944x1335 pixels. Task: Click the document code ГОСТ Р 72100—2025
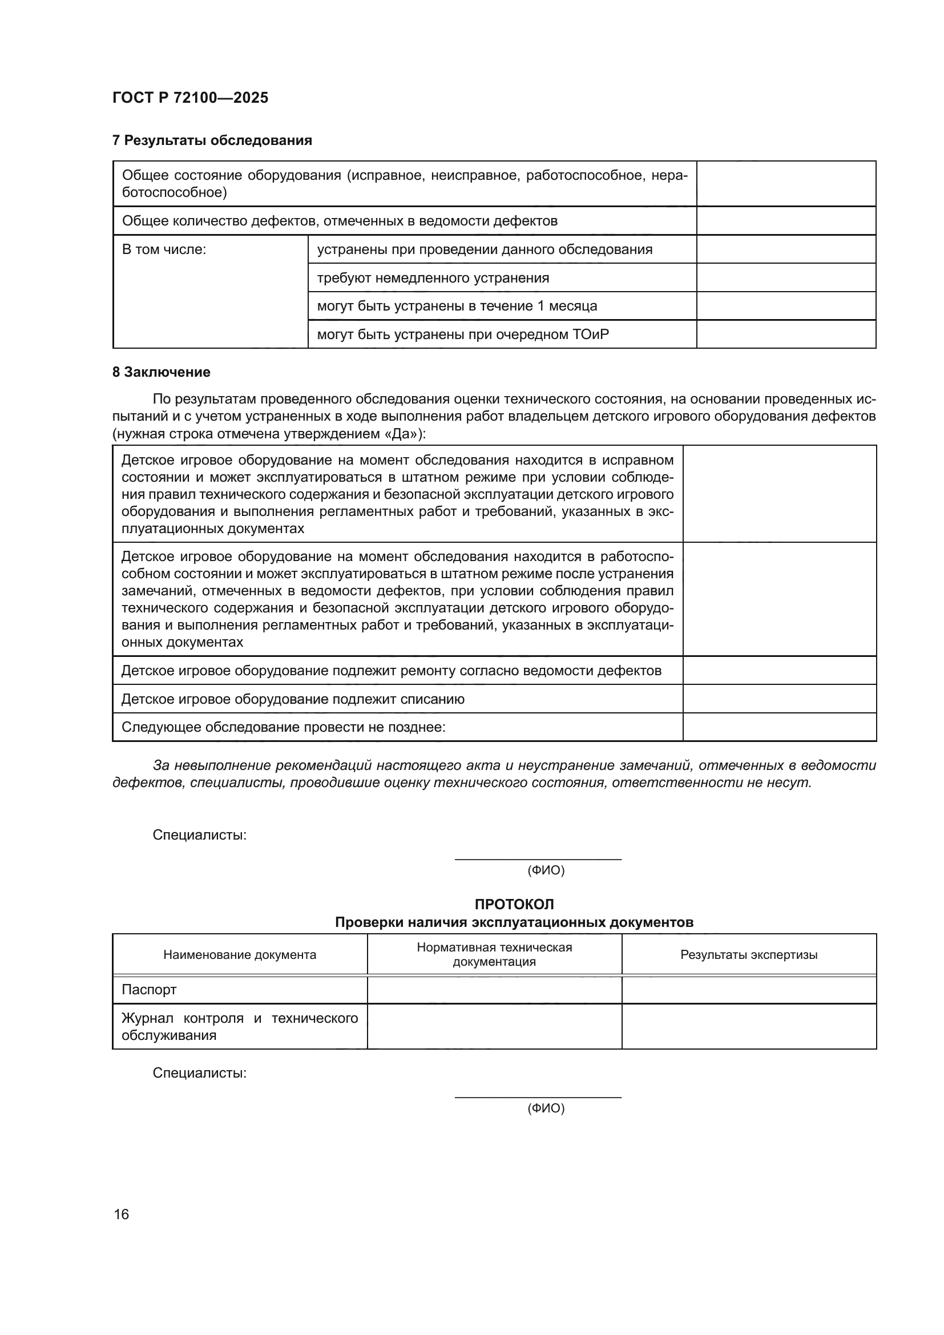pyautogui.click(x=190, y=98)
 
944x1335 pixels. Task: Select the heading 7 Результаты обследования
pyautogui.click(x=212, y=140)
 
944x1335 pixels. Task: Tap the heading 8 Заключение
pyautogui.click(x=161, y=372)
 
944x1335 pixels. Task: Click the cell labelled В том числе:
pyautogui.click(x=164, y=249)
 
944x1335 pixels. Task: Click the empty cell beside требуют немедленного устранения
pyautogui.click(x=786, y=277)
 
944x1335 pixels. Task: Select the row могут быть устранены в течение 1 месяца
pyautogui.click(x=457, y=306)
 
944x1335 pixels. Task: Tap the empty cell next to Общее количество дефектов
pyautogui.click(x=786, y=221)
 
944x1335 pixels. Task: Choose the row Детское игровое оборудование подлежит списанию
pyautogui.click(x=292, y=699)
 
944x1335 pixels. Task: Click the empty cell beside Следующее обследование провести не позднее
pyautogui.click(x=779, y=727)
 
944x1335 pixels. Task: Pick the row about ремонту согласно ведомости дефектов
pyautogui.click(x=390, y=671)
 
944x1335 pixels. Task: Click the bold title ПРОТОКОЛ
pyautogui.click(x=514, y=904)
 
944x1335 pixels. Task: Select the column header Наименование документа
pyautogui.click(x=240, y=954)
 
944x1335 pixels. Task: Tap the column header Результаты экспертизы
pyautogui.click(x=749, y=954)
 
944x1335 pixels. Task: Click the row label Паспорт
pyautogui.click(x=149, y=989)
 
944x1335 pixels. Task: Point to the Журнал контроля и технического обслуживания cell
pyautogui.click(x=240, y=1026)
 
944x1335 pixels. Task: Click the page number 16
pyautogui.click(x=122, y=1214)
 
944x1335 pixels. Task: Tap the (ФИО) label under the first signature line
pyautogui.click(x=546, y=870)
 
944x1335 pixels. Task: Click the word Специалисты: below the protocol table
pyautogui.click(x=199, y=1073)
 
